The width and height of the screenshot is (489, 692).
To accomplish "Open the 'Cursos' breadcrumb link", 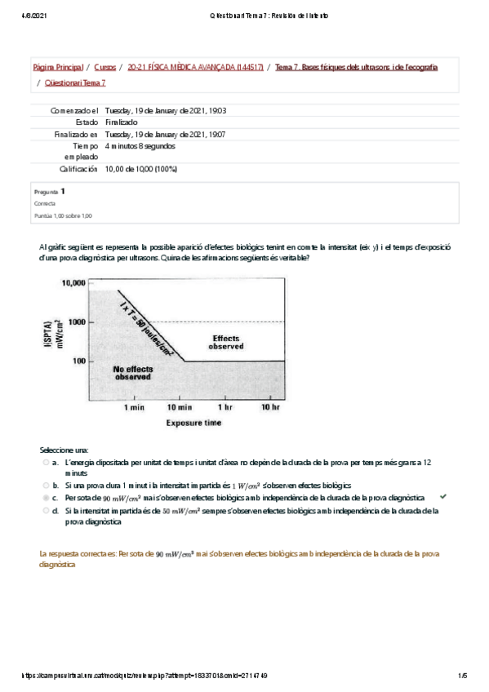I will pyautogui.click(x=104, y=67).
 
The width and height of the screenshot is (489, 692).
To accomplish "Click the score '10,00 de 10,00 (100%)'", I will pyautogui.click(x=141, y=169).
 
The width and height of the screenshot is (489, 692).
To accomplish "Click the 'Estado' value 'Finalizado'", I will pyautogui.click(x=122, y=122).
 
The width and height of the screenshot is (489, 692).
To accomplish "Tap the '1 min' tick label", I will pyautogui.click(x=135, y=406).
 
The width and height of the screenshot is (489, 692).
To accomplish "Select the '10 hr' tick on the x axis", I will pyautogui.click(x=270, y=406).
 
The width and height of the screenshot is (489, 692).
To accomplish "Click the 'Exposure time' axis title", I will pyautogui.click(x=193, y=424).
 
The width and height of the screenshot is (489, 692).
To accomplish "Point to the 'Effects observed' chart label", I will pyautogui.click(x=226, y=342).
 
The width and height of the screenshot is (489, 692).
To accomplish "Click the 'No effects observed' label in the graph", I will pyautogui.click(x=131, y=373).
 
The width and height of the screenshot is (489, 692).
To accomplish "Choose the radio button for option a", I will pyautogui.click(x=46, y=463).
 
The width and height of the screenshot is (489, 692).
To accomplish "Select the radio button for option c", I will pyautogui.click(x=46, y=497).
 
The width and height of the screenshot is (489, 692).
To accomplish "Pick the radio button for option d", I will pyautogui.click(x=46, y=511).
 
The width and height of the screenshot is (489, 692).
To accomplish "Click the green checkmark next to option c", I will pyautogui.click(x=442, y=496).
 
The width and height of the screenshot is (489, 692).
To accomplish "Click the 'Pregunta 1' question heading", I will pyautogui.click(x=50, y=191).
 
